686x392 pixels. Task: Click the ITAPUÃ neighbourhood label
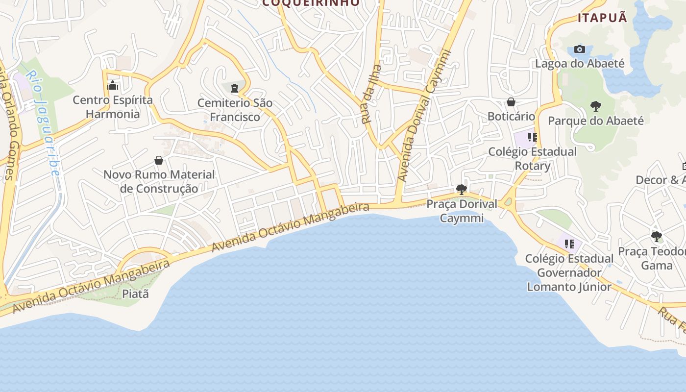pos(602,18)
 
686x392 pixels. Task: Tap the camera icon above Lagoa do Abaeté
pos(580,49)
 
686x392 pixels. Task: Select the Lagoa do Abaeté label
pos(580,64)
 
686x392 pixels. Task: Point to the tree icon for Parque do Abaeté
pos(595,106)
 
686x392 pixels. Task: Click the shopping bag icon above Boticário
pos(511,102)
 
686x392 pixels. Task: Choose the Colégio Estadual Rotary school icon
pos(533,137)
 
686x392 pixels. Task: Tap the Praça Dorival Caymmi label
pos(462,211)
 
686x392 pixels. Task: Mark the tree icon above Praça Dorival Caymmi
pos(461,189)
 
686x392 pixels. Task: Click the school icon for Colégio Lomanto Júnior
pos(569,244)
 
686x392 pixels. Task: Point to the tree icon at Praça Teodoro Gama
pos(657,237)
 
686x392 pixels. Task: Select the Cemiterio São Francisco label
pos(235,110)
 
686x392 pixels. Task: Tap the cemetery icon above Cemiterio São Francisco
pos(235,89)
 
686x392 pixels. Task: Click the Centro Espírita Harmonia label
pos(113,107)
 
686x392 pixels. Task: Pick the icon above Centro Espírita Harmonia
pos(113,86)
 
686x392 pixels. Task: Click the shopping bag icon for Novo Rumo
pos(159,160)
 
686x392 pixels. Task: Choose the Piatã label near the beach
pos(135,294)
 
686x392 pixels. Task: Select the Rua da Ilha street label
pos(370,94)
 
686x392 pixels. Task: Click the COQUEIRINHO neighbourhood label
pos(311,3)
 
